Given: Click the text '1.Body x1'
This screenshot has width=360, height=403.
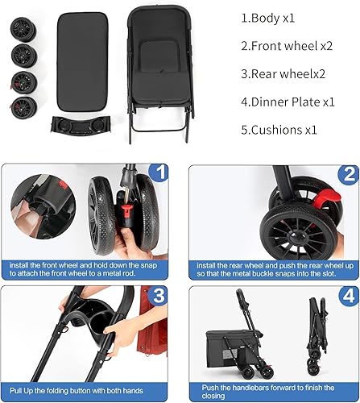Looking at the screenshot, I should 268,17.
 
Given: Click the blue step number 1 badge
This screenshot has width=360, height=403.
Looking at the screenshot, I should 159,172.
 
